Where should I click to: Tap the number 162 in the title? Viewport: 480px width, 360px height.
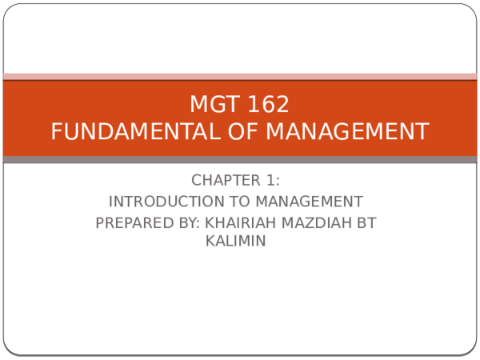(x=266, y=105)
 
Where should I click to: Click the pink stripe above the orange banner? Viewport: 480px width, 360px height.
(x=240, y=77)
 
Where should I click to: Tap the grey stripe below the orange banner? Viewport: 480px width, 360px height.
(x=240, y=160)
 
